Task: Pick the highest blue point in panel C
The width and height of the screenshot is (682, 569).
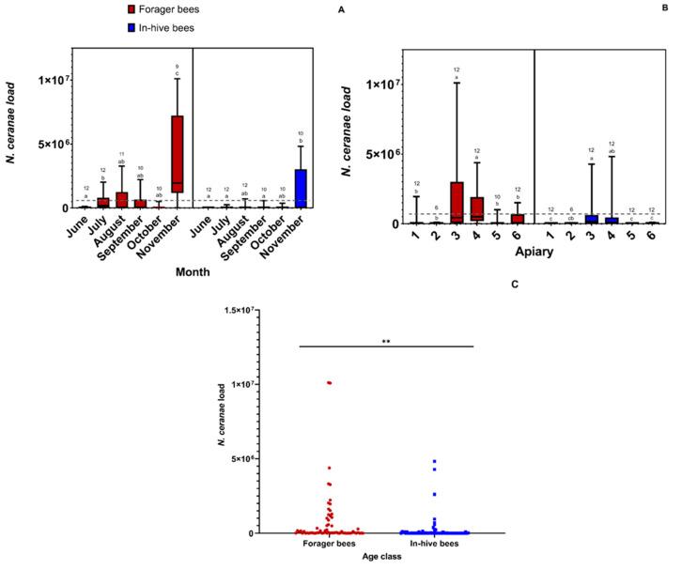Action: tap(434, 462)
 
